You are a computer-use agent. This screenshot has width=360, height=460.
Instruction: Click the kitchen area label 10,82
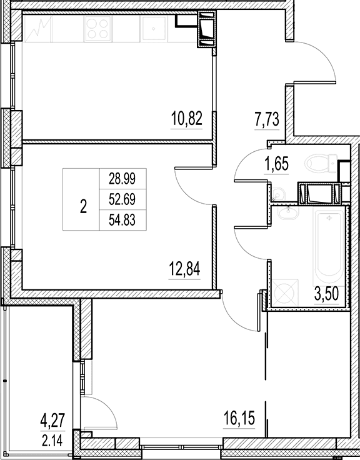(187, 119)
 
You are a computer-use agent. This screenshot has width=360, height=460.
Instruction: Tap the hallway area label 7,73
(267, 119)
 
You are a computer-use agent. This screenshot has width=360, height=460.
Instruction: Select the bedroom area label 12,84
(184, 269)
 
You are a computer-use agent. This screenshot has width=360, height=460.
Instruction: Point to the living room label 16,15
(239, 418)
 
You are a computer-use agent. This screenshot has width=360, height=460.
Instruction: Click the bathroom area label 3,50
(326, 294)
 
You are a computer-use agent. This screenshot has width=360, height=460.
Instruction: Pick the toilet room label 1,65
(276, 164)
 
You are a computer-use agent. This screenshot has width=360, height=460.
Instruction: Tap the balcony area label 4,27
(52, 421)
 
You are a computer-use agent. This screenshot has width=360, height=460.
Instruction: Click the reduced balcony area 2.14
(52, 441)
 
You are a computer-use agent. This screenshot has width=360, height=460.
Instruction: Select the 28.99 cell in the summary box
(122, 178)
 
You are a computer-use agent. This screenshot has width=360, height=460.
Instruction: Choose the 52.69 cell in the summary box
(122, 199)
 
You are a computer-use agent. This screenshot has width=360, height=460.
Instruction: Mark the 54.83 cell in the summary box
(122, 220)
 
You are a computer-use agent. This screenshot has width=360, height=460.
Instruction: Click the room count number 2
(83, 206)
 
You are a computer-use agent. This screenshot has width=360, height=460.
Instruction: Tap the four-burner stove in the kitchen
(98, 28)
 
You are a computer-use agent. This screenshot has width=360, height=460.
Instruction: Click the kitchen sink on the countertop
(154, 28)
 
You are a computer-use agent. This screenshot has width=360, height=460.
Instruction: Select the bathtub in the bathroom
(328, 246)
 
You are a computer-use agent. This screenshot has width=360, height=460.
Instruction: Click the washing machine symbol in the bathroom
(284, 292)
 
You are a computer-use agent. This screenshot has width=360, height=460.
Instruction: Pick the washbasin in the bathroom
(288, 212)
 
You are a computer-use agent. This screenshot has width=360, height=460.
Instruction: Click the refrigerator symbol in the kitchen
(38, 29)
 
